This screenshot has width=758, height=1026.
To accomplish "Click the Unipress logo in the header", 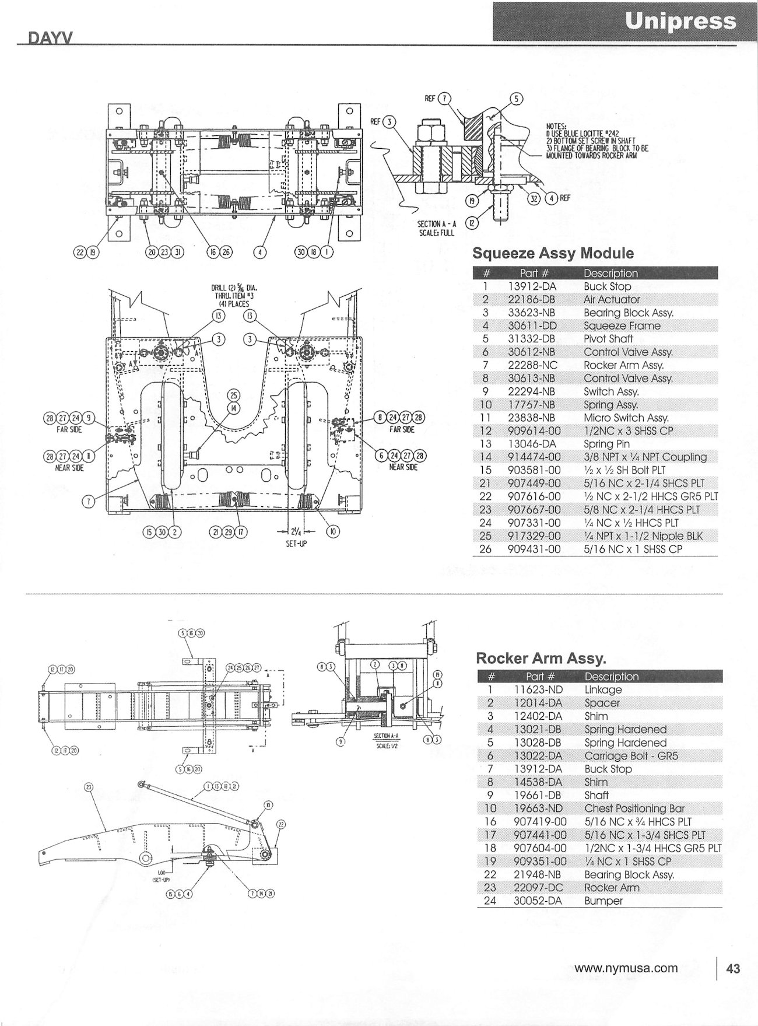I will (680, 22).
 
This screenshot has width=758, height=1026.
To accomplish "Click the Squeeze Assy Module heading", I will (552, 253).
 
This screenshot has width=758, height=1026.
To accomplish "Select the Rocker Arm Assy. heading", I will (541, 658).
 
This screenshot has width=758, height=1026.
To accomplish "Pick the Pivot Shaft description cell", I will (608, 339).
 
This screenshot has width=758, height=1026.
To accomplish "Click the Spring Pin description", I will (606, 444).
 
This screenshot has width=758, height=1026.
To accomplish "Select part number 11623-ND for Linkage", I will (538, 689).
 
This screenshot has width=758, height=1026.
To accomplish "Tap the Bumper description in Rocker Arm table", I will (603, 901).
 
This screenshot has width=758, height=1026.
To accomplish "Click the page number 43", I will (733, 969).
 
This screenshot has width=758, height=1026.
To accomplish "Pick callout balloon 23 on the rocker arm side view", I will (89, 787).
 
